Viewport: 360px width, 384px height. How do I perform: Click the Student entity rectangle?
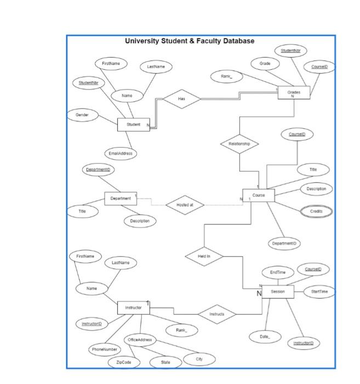(133, 125)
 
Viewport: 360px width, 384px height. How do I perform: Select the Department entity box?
(121, 198)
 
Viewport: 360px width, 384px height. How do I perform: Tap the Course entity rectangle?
(259, 195)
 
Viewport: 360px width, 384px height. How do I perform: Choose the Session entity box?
(278, 292)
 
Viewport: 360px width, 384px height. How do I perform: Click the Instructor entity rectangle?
(133, 308)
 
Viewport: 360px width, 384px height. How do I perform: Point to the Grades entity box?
(294, 93)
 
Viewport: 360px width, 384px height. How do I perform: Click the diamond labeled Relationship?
(239, 144)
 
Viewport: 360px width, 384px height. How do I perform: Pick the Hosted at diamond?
(185, 205)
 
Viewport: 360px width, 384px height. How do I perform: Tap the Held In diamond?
(204, 256)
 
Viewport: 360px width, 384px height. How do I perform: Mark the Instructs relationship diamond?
(217, 314)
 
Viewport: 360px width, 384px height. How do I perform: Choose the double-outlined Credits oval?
(316, 211)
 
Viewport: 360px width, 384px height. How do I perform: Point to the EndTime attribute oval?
(278, 272)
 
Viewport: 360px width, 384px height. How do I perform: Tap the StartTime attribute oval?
(319, 292)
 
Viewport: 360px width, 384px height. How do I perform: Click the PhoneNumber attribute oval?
(104, 349)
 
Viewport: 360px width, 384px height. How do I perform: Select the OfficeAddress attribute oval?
(140, 340)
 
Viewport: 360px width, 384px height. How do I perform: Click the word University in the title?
(144, 41)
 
